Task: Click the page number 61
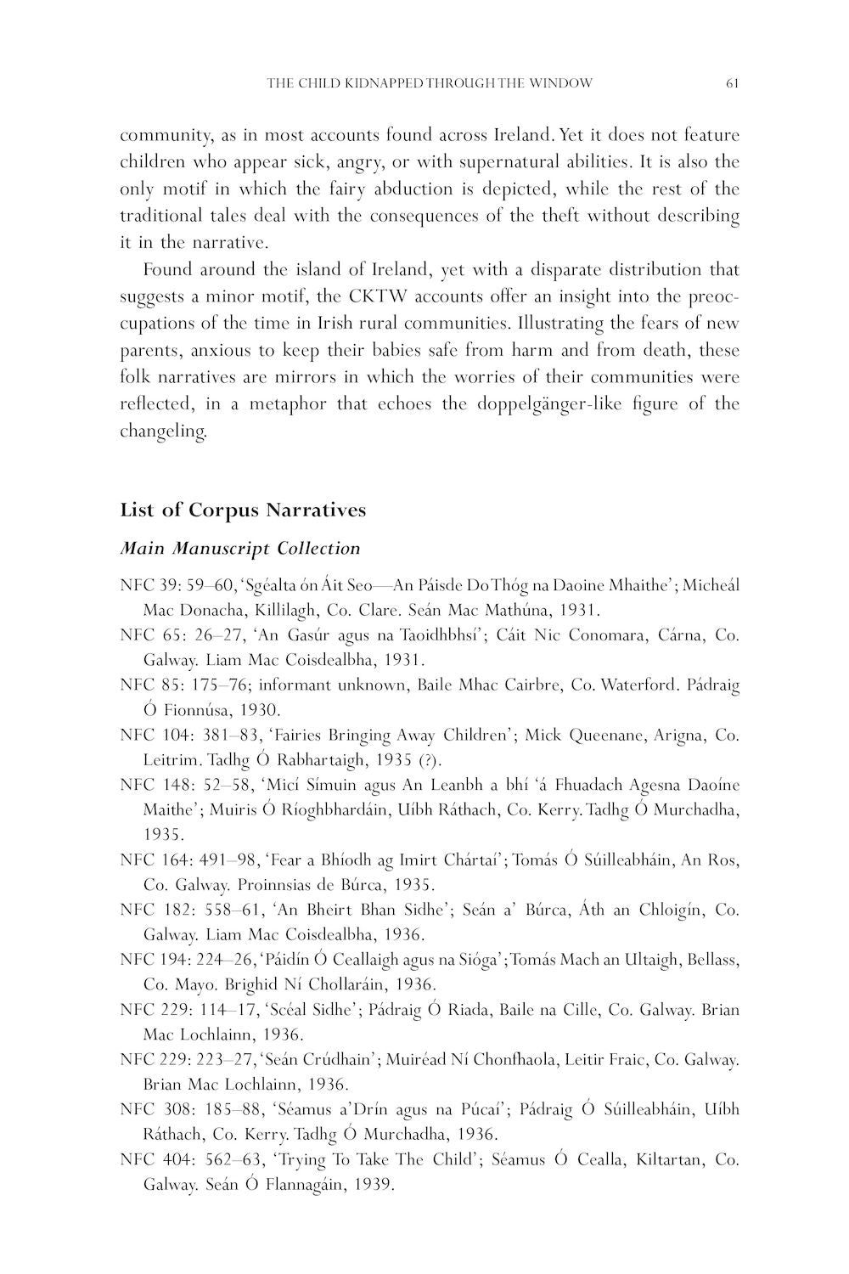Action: (733, 83)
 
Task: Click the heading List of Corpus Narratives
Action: (243, 510)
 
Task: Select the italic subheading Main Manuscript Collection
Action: (240, 549)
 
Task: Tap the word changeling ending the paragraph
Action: (162, 431)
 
